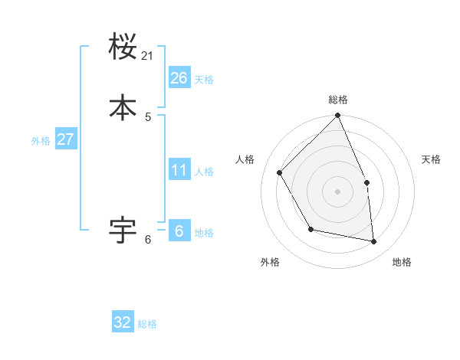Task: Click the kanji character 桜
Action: tap(123, 47)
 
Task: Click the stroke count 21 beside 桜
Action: tap(148, 56)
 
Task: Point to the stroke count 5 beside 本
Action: tap(148, 116)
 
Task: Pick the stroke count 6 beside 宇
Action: tap(148, 240)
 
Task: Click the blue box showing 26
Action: tap(179, 78)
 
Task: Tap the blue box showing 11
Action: tap(179, 170)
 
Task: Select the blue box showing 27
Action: tap(65, 139)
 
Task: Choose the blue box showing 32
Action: tap(123, 322)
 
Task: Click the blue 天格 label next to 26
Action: tap(204, 80)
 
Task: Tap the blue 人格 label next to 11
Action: tap(204, 172)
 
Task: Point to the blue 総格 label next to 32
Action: tap(147, 324)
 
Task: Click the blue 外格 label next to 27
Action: tap(41, 141)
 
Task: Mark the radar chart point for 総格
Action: tap(337, 116)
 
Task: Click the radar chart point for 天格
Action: tap(366, 182)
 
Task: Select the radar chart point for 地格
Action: tap(374, 242)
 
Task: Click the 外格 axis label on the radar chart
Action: tap(270, 263)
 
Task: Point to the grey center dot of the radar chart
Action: tap(337, 191)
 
